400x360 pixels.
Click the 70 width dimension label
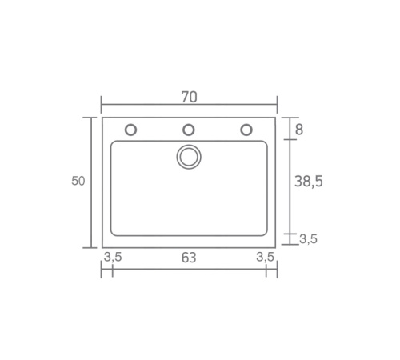[x=189, y=97]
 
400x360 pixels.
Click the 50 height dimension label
[x=78, y=181]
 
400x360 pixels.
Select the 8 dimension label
[x=299, y=130]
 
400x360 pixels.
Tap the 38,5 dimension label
[x=309, y=182]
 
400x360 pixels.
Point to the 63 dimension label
[x=189, y=258]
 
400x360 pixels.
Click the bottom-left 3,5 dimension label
[x=113, y=257]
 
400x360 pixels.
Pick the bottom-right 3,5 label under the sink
[x=265, y=257]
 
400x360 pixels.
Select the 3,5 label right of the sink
[x=308, y=239]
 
